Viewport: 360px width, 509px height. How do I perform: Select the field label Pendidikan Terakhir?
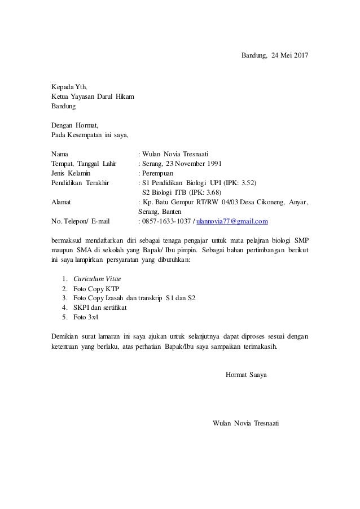tap(81, 183)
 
